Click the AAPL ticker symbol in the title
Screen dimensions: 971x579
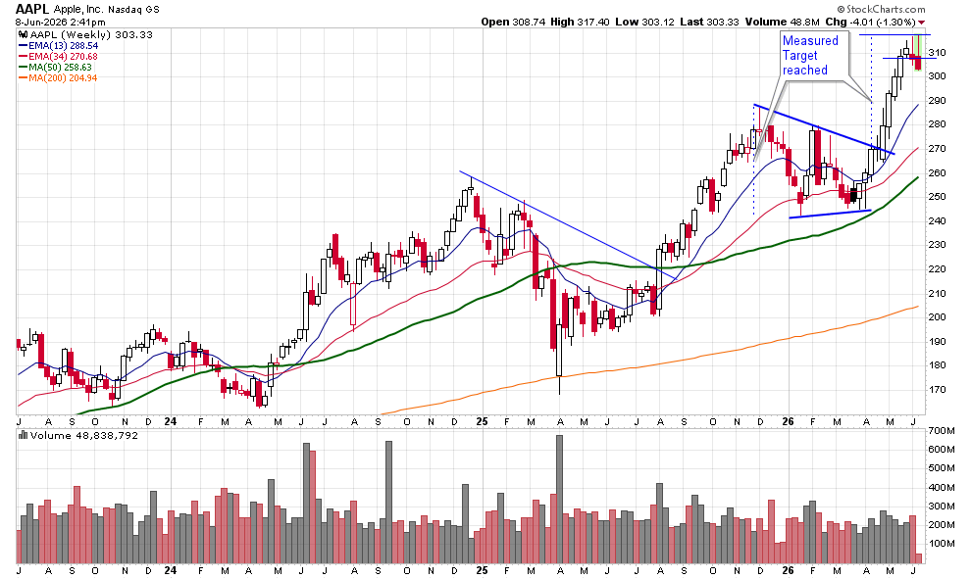(32, 9)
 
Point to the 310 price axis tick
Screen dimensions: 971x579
(937, 53)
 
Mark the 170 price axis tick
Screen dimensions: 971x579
(937, 390)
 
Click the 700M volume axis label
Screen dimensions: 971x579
(942, 430)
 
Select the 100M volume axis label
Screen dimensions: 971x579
(942, 544)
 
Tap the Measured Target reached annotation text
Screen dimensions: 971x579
(810, 55)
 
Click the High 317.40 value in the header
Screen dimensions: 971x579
(580, 22)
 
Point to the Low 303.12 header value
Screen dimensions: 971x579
(644, 22)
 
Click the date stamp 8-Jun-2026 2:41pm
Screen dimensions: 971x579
(61, 23)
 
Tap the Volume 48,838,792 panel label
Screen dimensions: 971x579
(78, 436)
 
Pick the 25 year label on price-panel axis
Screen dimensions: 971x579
(483, 421)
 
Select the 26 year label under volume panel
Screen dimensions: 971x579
(788, 570)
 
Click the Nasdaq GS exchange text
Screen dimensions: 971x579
(133, 9)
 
